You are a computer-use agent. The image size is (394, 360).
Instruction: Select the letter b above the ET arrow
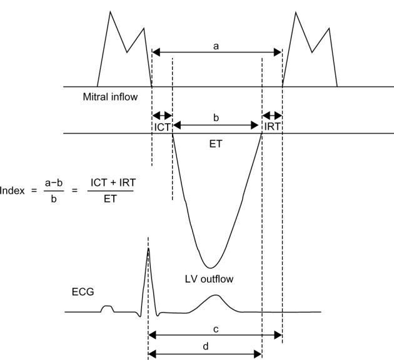216,117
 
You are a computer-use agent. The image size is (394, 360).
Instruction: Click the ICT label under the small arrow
162,127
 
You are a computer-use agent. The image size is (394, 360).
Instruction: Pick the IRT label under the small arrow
272,127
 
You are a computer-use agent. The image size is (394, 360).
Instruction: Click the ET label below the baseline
217,142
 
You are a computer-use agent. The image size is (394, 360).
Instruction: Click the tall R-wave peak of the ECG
148,249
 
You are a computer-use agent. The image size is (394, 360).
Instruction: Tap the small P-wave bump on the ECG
108,307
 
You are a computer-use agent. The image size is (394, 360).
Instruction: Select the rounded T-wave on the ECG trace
216,296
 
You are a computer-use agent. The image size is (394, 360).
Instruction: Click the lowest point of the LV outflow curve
211,267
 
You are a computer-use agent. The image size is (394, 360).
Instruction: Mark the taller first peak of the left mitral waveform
111,12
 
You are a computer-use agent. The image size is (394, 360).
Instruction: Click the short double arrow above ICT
162,116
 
